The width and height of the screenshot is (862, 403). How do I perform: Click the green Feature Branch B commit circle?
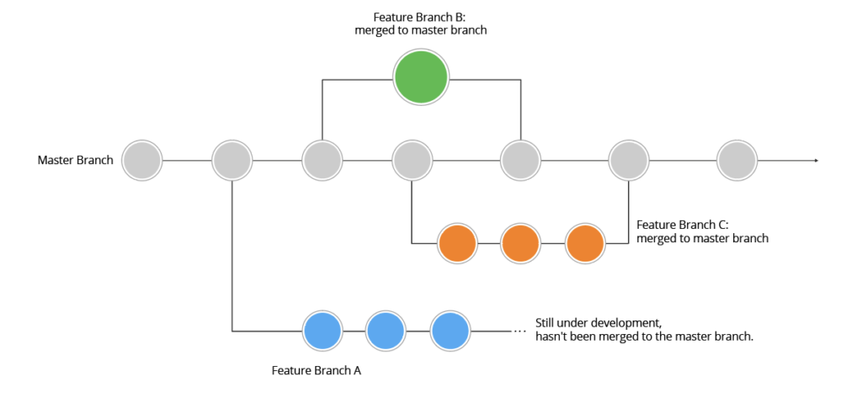421,77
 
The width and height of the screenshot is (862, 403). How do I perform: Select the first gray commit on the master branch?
142,160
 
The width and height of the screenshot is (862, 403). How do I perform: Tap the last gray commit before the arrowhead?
737,160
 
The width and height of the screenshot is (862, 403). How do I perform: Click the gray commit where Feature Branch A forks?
232,160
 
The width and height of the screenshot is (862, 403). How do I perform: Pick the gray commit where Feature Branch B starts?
322,160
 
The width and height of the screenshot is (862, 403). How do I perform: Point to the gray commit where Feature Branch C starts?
412,160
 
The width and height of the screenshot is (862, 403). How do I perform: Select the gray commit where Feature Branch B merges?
520,160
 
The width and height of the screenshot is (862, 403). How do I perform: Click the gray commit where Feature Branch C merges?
629,160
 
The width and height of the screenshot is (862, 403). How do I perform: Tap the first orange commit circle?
458,244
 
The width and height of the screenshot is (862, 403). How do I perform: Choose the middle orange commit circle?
521,244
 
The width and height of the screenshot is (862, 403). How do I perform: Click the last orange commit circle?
585,244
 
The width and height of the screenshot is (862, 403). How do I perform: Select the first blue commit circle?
322,331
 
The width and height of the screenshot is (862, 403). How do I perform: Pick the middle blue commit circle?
386,331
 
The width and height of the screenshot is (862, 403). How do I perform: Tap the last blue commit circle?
450,331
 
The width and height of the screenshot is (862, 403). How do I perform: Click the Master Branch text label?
76,160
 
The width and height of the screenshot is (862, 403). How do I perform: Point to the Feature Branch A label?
317,370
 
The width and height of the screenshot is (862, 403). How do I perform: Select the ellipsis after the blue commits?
519,331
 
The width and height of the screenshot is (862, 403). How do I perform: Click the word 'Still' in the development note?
547,323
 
